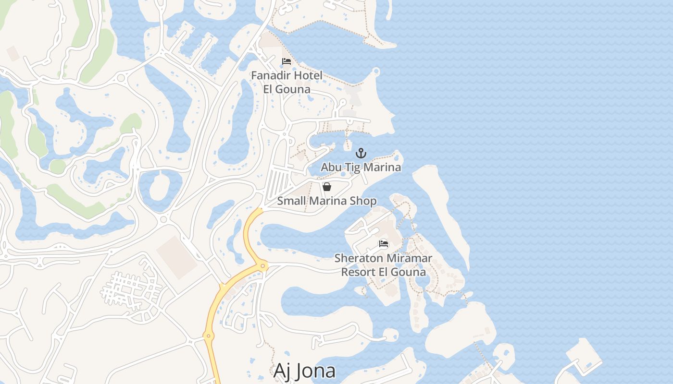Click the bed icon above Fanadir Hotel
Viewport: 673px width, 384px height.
pyautogui.click(x=287, y=61)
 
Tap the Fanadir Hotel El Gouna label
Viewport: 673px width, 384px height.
pyautogui.click(x=287, y=82)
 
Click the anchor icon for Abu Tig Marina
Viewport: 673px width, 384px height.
pyautogui.click(x=361, y=154)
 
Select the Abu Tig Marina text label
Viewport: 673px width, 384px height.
pyautogui.click(x=361, y=167)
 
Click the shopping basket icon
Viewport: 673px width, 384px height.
pyautogui.click(x=327, y=187)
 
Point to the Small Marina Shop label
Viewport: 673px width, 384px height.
pyautogui.click(x=327, y=201)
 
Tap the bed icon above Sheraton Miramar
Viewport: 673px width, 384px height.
pyautogui.click(x=384, y=244)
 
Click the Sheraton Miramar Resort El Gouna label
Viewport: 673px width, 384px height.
pyautogui.click(x=383, y=265)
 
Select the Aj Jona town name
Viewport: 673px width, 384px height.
pyautogui.click(x=304, y=371)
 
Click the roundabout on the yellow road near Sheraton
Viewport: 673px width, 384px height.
pyautogui.click(x=263, y=265)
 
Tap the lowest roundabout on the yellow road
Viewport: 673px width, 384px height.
pyautogui.click(x=208, y=336)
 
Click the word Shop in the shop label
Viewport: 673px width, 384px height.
pyautogui.click(x=363, y=201)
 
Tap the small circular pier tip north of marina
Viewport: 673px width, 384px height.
pyautogui.click(x=376, y=72)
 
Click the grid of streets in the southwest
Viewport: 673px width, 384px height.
pyautogui.click(x=131, y=291)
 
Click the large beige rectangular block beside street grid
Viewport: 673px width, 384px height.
pyautogui.click(x=176, y=257)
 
